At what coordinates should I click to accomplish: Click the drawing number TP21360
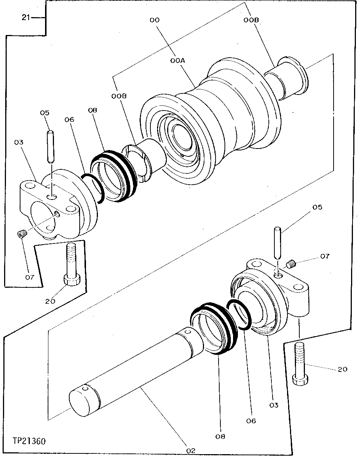click(x=29, y=441)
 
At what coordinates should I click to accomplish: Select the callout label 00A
click(x=178, y=60)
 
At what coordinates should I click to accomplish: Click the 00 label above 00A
click(x=154, y=20)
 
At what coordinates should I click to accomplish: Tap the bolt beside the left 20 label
click(x=71, y=265)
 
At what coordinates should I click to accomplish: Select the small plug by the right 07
click(x=291, y=265)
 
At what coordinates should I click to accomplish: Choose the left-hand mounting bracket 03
click(x=56, y=207)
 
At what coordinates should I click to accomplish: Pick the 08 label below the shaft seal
click(x=220, y=436)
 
